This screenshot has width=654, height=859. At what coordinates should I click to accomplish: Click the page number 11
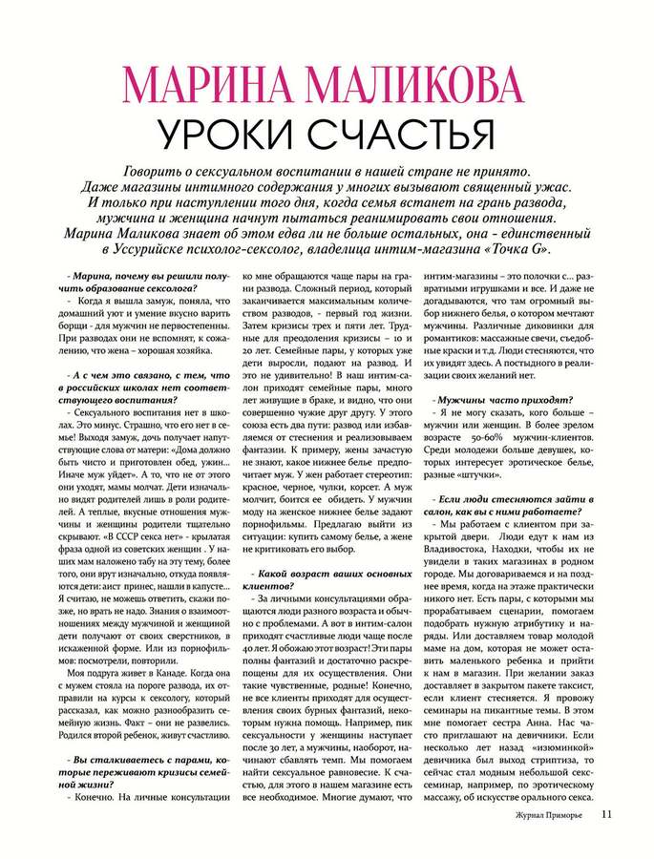point(608,814)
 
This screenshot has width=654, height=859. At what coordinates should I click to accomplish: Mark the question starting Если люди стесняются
point(501,501)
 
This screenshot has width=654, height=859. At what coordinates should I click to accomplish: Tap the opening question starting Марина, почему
point(140,283)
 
